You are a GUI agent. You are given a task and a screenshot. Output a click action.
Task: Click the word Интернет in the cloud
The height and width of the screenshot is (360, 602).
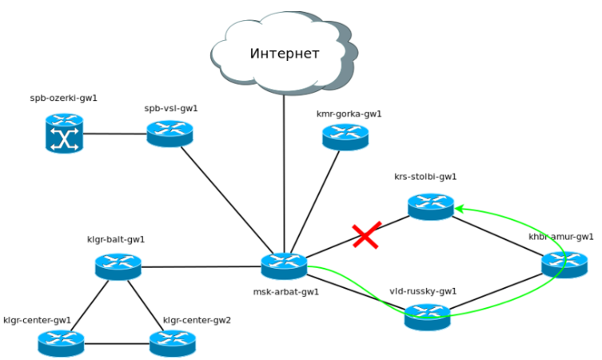tap(285, 54)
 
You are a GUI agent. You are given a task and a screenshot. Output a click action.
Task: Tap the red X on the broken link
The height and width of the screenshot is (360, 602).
tap(366, 235)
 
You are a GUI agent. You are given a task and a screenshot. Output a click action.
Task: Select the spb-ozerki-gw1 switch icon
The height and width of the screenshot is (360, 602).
tap(64, 133)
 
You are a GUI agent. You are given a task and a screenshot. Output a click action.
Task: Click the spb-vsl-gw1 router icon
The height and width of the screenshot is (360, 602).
tap(170, 133)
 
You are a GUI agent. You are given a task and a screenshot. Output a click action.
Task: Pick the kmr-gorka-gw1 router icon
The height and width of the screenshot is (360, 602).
tap(345, 137)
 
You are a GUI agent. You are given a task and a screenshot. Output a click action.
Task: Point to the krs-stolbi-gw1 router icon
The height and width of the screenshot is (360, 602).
tap(431, 206)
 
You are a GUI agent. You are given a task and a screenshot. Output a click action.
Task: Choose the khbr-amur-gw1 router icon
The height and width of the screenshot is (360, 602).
tap(564, 263)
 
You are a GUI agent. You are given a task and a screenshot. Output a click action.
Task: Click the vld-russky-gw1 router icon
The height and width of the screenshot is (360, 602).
tap(428, 316)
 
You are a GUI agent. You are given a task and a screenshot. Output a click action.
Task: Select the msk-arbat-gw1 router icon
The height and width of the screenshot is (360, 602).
tap(285, 266)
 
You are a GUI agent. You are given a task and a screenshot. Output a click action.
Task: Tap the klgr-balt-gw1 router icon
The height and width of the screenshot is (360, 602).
tap(118, 266)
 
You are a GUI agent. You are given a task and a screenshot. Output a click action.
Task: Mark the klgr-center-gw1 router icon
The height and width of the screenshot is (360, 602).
tap(62, 343)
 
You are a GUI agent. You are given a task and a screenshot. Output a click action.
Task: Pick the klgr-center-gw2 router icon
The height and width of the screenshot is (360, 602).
tap(173, 343)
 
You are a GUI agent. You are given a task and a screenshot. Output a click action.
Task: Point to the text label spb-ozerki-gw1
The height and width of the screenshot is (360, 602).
tap(63, 99)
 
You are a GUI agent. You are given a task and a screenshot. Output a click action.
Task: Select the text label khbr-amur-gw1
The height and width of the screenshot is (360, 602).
tap(561, 237)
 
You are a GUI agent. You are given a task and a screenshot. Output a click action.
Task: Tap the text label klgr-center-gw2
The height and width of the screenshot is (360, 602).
tap(197, 320)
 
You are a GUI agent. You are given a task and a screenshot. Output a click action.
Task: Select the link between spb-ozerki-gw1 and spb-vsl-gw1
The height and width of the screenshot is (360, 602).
tap(115, 134)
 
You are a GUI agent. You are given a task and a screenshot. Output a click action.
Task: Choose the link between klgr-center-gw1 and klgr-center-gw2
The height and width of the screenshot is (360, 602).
tap(117, 344)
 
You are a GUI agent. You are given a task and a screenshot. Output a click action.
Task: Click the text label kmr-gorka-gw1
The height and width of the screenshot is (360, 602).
tap(349, 114)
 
